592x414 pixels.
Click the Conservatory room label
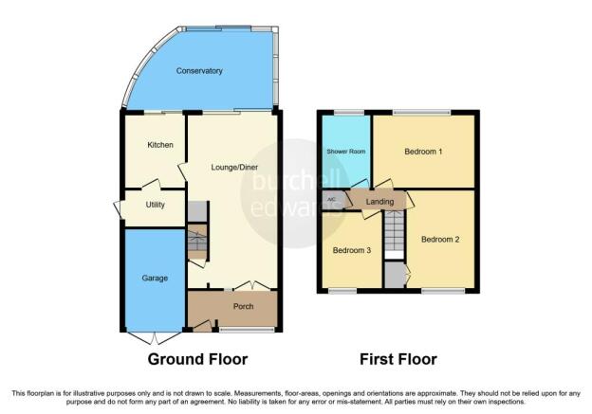pos(199,71)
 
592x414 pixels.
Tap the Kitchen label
pos(160,145)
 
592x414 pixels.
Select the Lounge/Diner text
pos(234,167)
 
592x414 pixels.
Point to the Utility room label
pos(156,205)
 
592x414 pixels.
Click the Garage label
pos(155,279)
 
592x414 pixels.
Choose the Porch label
pos(243,307)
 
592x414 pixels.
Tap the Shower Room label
pos(346,152)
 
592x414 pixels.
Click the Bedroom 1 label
pos(423,152)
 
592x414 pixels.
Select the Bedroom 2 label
pos(440,240)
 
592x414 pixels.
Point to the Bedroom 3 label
pos(351,250)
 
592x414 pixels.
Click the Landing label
pos(379,202)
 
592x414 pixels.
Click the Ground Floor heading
pos(198,359)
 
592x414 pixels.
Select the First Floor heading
pos(398,359)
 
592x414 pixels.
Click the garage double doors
pos(155,338)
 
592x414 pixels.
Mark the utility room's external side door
pos(119,208)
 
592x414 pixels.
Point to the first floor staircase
pos(394,231)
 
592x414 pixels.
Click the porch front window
pos(248,331)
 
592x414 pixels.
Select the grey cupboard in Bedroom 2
pos(395,276)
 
